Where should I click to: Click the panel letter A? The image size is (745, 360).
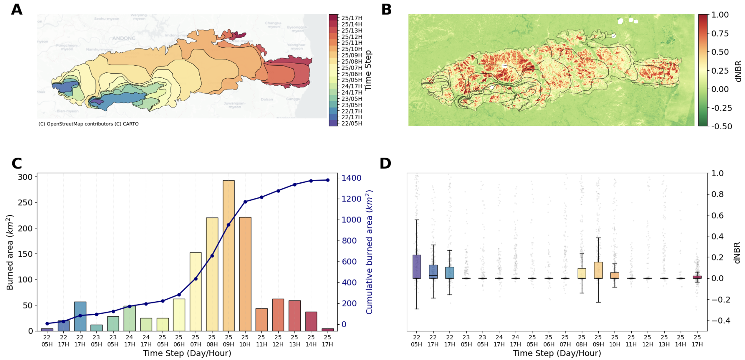tap(16, 9)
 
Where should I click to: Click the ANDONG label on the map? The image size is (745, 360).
tap(124, 38)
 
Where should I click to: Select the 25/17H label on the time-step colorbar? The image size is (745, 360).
tap(352, 18)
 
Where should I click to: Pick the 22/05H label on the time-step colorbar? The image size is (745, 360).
tap(352, 123)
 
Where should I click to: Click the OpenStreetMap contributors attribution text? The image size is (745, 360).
tap(88, 124)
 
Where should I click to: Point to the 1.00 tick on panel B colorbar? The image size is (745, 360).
tap(720, 15)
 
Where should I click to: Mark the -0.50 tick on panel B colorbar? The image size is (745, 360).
tap(721, 126)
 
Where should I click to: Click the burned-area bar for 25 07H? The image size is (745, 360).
tap(196, 292)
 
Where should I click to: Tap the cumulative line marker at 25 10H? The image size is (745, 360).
tap(245, 202)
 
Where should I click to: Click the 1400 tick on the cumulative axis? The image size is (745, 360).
tap(351, 178)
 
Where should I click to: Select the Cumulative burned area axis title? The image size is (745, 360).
tap(369, 252)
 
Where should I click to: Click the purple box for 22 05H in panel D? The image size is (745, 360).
tap(417, 267)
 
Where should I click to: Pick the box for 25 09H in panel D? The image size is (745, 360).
tap(598, 270)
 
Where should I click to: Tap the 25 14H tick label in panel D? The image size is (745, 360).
tap(680, 341)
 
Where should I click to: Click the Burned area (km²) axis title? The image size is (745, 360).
tap(10, 252)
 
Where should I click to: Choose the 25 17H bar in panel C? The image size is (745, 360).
tap(327, 330)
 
